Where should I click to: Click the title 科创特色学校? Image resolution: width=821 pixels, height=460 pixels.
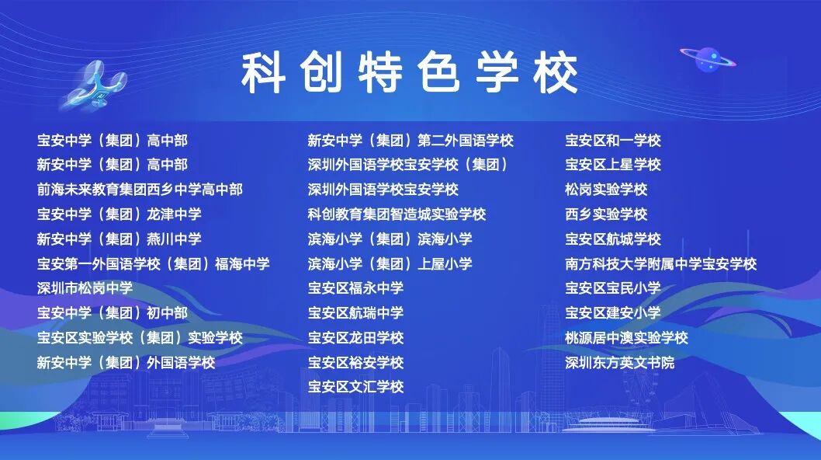410,73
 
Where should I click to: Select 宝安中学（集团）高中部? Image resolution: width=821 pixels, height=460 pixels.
112,140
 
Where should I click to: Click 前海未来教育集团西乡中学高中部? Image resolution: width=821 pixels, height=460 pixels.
140,190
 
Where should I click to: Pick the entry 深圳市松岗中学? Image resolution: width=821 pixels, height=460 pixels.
85,288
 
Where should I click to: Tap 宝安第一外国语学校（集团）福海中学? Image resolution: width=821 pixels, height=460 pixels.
154,263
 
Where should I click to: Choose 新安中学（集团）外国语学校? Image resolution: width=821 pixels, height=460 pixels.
126,362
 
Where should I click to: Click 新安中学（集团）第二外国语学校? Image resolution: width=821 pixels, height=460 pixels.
410,140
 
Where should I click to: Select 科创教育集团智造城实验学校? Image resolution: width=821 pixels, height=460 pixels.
397,214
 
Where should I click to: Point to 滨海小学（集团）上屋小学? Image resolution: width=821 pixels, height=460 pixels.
390,263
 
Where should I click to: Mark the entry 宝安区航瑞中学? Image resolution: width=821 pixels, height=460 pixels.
355,312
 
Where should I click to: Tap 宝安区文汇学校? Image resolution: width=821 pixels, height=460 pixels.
355,386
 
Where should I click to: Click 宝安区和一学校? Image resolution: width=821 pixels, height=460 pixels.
612,140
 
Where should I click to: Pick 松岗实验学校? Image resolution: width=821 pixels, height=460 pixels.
606,190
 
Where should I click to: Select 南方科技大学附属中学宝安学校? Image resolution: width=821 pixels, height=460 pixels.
661,263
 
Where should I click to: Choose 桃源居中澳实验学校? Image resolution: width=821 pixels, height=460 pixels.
626,337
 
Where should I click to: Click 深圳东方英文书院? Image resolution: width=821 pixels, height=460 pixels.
619,362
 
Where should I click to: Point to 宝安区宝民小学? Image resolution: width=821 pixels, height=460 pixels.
612,288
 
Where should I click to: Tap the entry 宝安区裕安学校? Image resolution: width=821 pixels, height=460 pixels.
355,362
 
